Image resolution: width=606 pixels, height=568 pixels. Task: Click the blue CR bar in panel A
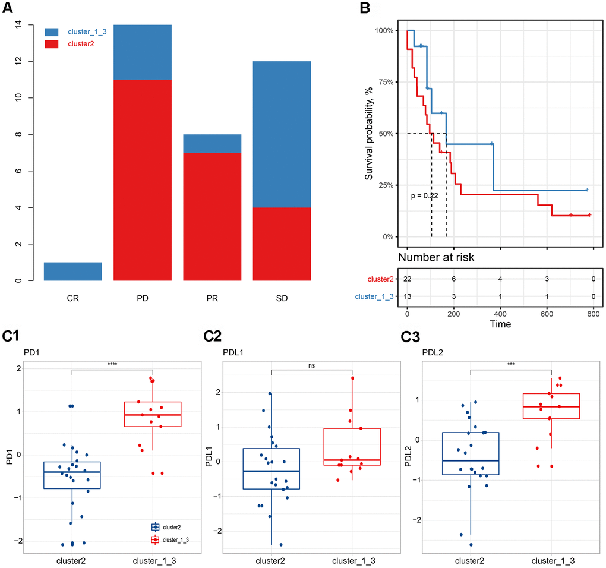pyautogui.click(x=73, y=271)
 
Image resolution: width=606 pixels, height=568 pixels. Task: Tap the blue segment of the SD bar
pyautogui.click(x=282, y=134)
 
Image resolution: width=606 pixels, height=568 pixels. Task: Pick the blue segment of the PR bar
pyautogui.click(x=212, y=143)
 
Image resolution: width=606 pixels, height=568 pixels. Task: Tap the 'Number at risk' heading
pyautogui.click(x=435, y=257)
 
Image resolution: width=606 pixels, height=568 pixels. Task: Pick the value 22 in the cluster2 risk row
pyautogui.click(x=408, y=279)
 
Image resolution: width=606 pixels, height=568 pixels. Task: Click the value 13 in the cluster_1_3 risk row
pyautogui.click(x=408, y=296)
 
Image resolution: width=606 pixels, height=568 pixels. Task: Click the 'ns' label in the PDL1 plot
pyautogui.click(x=312, y=366)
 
